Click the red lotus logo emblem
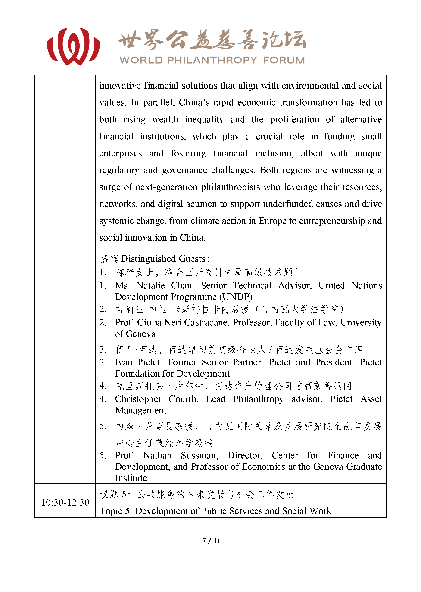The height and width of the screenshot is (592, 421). click(73, 47)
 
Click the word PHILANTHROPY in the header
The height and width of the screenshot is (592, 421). click(212, 60)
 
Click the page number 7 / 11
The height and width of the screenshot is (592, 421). click(211, 541)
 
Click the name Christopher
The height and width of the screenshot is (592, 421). click(138, 399)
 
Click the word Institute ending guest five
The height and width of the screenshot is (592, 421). click(131, 478)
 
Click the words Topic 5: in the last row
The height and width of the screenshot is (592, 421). click(116, 511)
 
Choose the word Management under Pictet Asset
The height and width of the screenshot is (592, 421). click(141, 411)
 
